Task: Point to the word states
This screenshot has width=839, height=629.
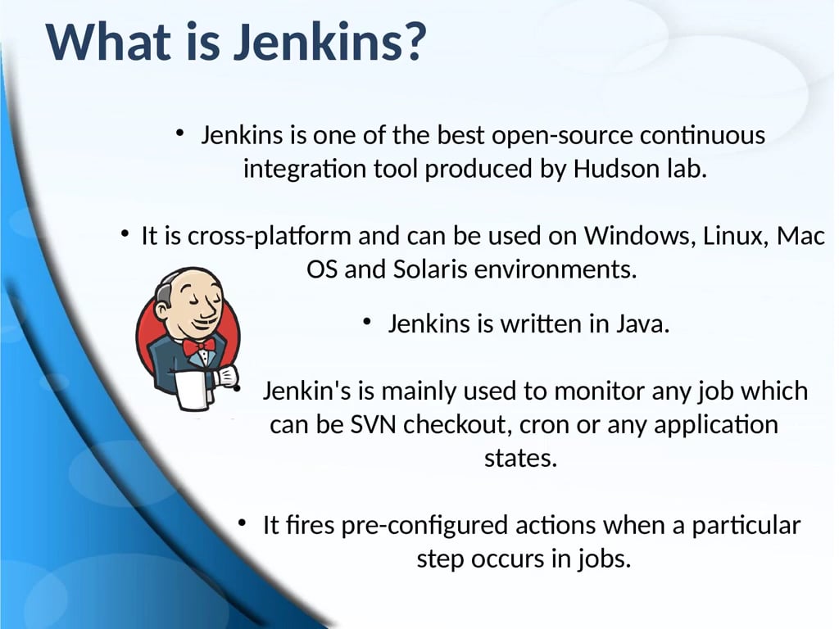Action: pyautogui.click(x=520, y=458)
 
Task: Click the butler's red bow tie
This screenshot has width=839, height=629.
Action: pyautogui.click(x=198, y=346)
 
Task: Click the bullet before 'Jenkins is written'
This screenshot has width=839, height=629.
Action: pyautogui.click(x=369, y=323)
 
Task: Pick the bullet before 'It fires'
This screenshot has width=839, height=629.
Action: pyautogui.click(x=243, y=523)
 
